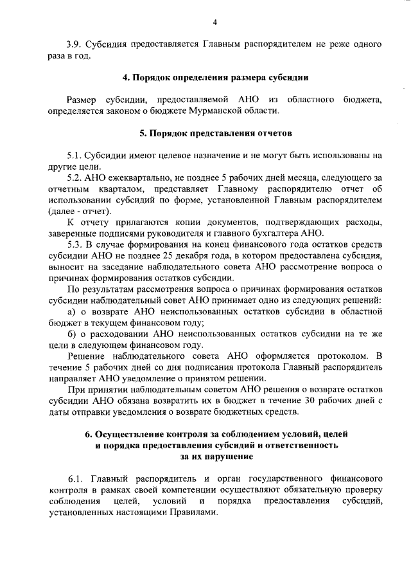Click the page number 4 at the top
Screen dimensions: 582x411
tap(215, 23)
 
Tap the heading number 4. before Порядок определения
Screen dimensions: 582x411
tap(126, 78)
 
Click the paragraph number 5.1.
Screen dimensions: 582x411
tap(75, 155)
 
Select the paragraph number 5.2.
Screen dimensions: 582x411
tap(75, 177)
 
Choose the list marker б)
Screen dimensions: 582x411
tap(71, 333)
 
